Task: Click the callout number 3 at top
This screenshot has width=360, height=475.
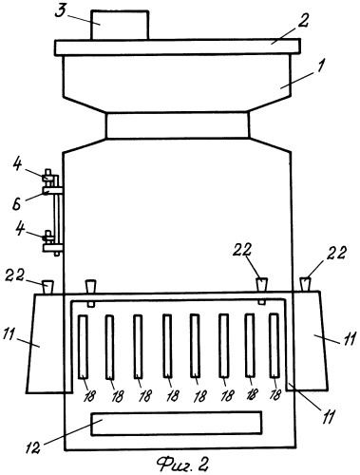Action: tap(60, 10)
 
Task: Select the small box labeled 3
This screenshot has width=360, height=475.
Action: tap(120, 25)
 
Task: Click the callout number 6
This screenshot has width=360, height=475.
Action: tap(16, 204)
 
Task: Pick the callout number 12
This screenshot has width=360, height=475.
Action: tap(33, 447)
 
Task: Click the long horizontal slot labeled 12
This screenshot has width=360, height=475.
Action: tap(177, 424)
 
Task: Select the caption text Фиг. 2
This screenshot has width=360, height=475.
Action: tap(182, 465)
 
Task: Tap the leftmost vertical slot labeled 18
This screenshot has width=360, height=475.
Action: tap(83, 347)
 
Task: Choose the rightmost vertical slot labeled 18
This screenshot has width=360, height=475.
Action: tap(275, 346)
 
